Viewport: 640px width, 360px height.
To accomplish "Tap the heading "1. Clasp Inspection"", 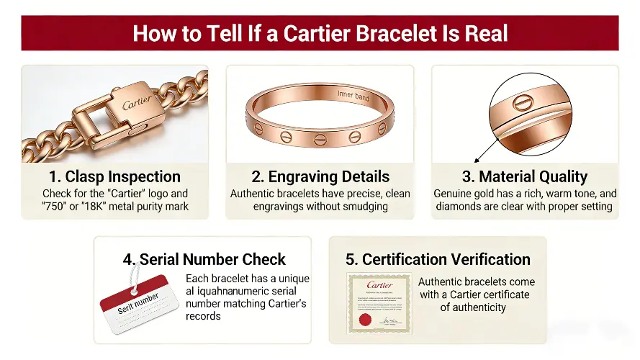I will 114,176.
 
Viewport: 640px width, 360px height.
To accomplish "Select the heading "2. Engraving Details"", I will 320,176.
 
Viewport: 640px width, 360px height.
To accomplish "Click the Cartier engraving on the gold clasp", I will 137,104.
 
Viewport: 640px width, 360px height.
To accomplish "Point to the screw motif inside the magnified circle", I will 527,104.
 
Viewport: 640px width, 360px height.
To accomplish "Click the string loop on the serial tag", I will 133,277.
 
